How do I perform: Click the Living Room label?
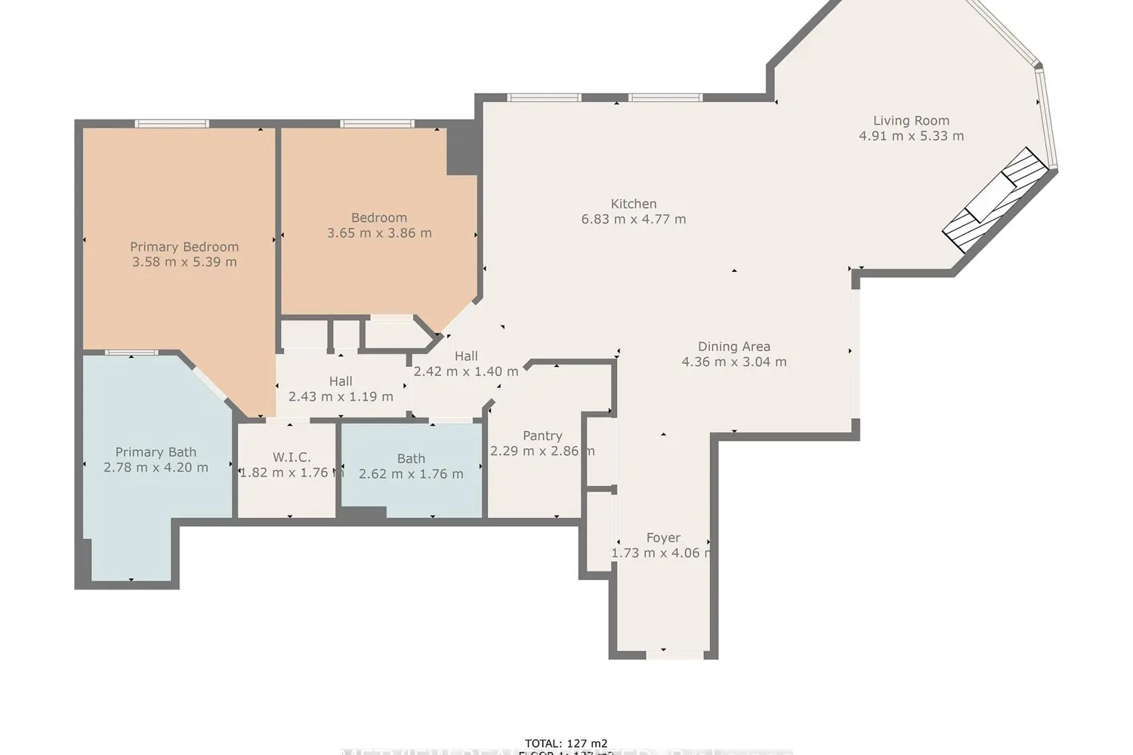[x=911, y=121]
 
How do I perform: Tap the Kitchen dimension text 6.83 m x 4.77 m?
[x=633, y=220]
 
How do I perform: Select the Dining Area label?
[x=733, y=347]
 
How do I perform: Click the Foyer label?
[x=663, y=538]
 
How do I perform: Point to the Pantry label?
[x=542, y=436]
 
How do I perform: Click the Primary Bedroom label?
[x=184, y=247]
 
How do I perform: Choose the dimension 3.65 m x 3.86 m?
[x=379, y=233]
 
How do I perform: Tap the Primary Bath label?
[x=156, y=452]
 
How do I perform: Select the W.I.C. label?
[x=292, y=457]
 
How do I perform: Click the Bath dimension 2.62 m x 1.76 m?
[x=411, y=474]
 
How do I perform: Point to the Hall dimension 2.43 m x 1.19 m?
[x=341, y=396]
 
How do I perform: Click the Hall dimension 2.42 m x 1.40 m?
[x=466, y=371]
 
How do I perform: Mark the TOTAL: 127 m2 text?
[x=566, y=744]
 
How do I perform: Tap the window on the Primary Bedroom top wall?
[x=171, y=124]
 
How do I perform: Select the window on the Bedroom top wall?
[x=377, y=124]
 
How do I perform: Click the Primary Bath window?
[x=131, y=353]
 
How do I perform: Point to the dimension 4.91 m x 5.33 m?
[x=911, y=137]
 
